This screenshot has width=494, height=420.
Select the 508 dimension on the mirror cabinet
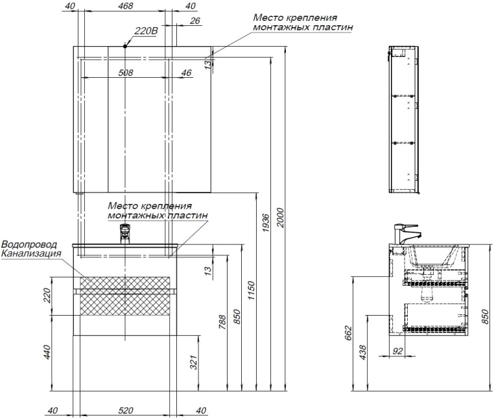(126, 73)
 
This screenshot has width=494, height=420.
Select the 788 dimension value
(222, 321)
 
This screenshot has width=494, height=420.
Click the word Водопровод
(29, 244)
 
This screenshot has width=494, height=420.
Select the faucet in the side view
(407, 234)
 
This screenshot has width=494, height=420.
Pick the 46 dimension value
(186, 73)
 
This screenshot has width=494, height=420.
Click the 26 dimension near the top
(194, 22)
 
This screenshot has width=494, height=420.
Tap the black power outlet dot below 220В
(126, 45)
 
